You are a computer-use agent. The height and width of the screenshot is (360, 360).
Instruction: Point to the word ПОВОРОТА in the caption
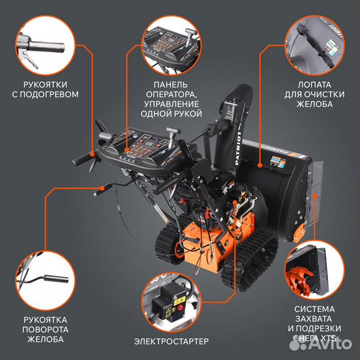43,328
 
